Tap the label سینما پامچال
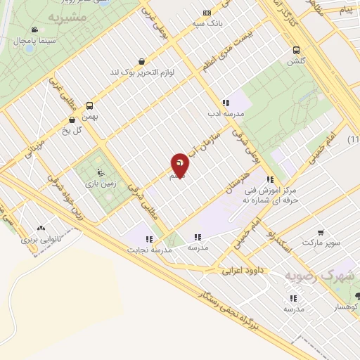(x=29, y=41)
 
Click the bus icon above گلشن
(x=296, y=50)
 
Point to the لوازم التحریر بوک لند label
(x=143, y=72)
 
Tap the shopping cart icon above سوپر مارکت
(x=321, y=233)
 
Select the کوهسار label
(x=346, y=308)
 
